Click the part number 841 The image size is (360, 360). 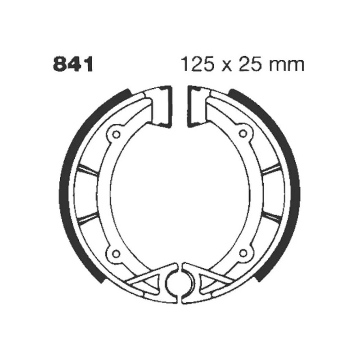[x=73, y=65]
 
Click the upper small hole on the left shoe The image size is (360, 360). [x=116, y=133]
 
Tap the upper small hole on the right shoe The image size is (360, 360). [x=244, y=133]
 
